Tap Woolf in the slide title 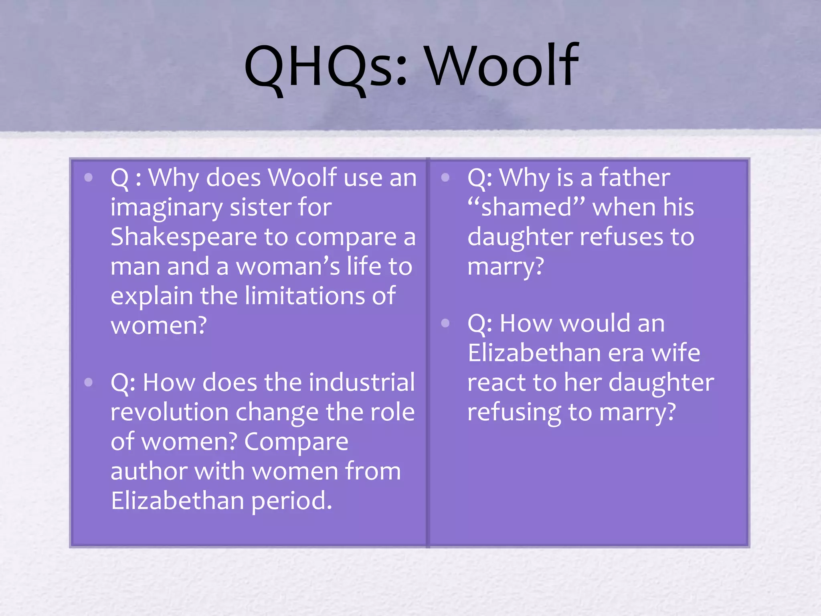coord(502,66)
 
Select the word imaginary coord(166,208)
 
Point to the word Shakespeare coord(183,237)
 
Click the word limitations coord(305,296)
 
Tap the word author coord(149,472)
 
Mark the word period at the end coord(291,501)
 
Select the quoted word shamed coord(526,208)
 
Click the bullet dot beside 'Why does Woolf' coord(89,178)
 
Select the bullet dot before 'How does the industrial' coord(89,382)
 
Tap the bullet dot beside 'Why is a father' coord(445,178)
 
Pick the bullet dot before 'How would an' coord(445,323)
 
